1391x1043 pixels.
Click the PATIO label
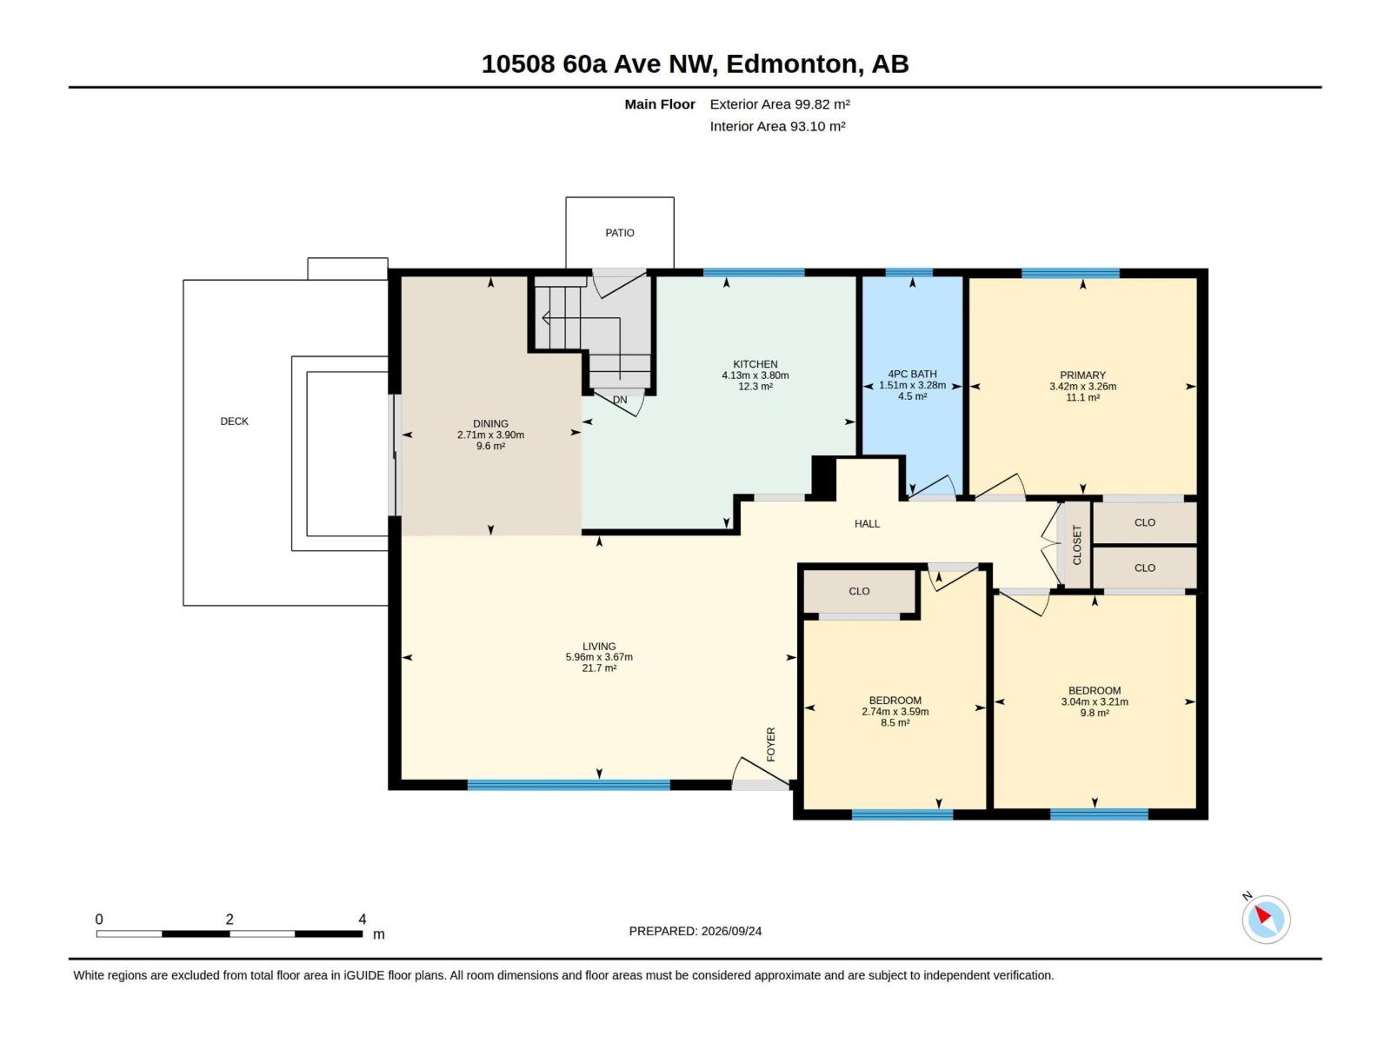pyautogui.click(x=619, y=233)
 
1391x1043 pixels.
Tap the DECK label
pyautogui.click(x=234, y=422)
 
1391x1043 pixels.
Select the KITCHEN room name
pyautogui.click(x=755, y=364)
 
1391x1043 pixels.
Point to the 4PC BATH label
pyautogui.click(x=912, y=375)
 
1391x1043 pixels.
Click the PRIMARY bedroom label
pyautogui.click(x=1082, y=375)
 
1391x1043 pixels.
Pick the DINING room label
pyautogui.click(x=490, y=423)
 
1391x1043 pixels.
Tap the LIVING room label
pyautogui.click(x=599, y=647)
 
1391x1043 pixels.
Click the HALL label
pyautogui.click(x=867, y=524)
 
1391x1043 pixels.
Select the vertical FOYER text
pyautogui.click(x=770, y=744)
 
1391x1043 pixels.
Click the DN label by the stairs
pyautogui.click(x=620, y=400)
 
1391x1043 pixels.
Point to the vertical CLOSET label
pyautogui.click(x=1076, y=545)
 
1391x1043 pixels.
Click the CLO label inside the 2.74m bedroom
pyautogui.click(x=859, y=591)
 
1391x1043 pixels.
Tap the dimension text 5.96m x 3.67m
pyautogui.click(x=599, y=657)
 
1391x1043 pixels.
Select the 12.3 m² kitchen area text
pyautogui.click(x=755, y=386)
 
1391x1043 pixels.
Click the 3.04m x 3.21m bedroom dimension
pyautogui.click(x=1095, y=701)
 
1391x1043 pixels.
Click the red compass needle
pyautogui.click(x=1263, y=915)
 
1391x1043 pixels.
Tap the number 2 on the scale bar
pyautogui.click(x=230, y=919)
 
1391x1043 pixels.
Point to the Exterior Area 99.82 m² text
pyautogui.click(x=780, y=104)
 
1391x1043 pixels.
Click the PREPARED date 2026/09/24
pyautogui.click(x=730, y=931)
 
